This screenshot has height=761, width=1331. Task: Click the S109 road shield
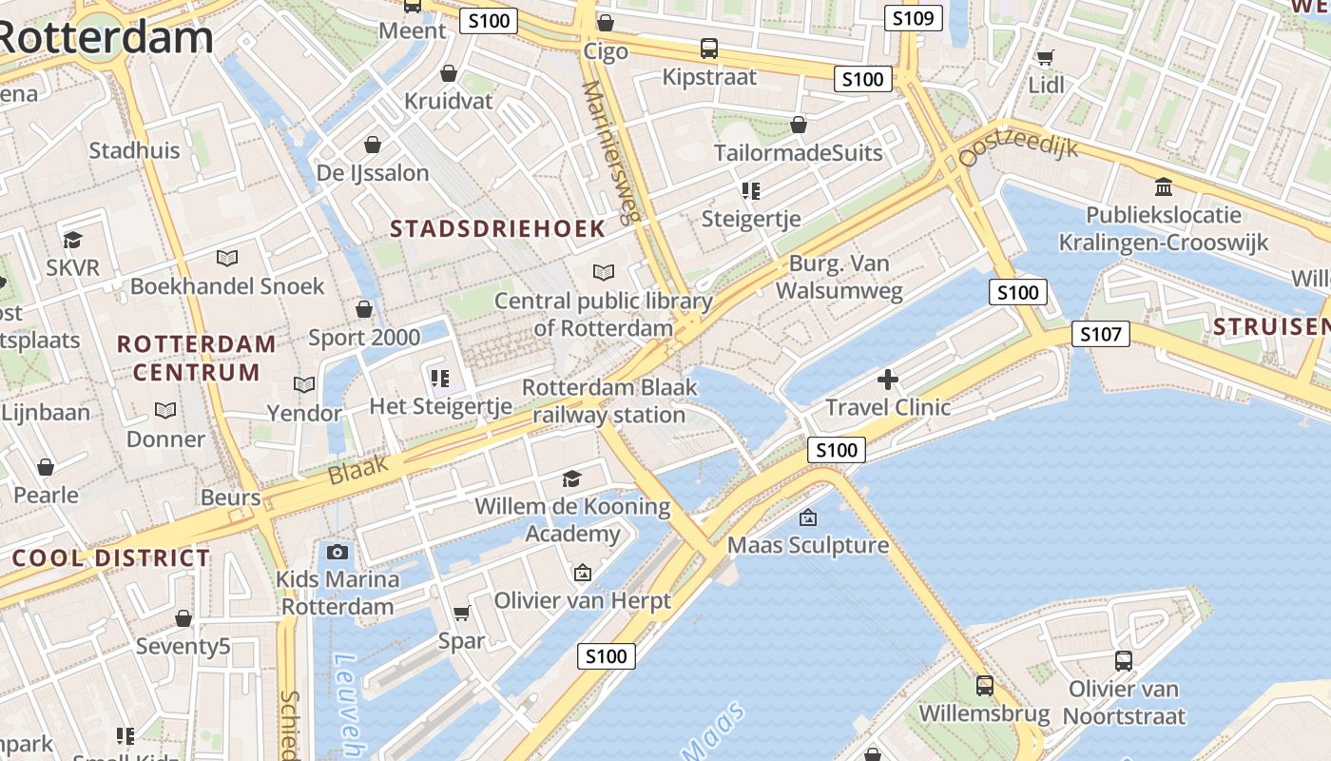(x=913, y=18)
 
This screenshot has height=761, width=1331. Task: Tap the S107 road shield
(x=1101, y=334)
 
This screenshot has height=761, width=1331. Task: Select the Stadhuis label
(x=134, y=150)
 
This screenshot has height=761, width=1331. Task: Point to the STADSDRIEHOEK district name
(x=498, y=228)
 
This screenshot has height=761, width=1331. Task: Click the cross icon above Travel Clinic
(x=888, y=380)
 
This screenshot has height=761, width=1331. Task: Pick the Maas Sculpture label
(x=808, y=545)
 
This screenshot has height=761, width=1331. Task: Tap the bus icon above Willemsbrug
(x=985, y=685)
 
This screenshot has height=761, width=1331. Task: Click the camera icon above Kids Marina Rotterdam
(x=337, y=552)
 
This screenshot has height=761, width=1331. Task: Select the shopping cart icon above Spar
(x=462, y=613)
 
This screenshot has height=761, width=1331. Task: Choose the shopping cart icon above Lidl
(x=1045, y=57)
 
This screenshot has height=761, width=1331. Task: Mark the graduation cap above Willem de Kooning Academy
(x=571, y=478)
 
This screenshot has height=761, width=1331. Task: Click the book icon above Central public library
(x=604, y=273)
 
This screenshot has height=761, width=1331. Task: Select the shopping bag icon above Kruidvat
(x=449, y=73)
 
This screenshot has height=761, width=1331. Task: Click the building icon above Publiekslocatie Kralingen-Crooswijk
(x=1163, y=186)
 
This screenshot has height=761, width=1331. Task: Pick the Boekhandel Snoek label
(x=227, y=286)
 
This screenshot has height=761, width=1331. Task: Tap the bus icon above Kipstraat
(x=709, y=49)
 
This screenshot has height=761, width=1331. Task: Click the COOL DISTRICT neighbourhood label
(x=111, y=558)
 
